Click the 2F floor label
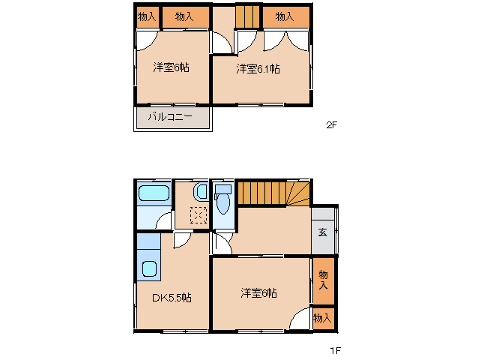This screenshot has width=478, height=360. point(331,125)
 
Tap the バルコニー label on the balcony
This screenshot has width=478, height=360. point(169,117)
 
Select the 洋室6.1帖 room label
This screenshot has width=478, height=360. point(258,69)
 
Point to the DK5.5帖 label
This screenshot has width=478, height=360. point(172,298)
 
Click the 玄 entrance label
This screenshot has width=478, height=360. point(322,232)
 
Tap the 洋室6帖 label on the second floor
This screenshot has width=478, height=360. point(171,67)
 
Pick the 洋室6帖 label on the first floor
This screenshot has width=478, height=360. point(259,292)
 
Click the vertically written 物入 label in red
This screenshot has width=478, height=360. point(323,280)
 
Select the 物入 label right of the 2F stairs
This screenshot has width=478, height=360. point(284,16)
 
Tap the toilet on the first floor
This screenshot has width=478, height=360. point(223,201)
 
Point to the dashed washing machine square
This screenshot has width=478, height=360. point(198,216)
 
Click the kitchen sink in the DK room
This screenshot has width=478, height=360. point(149,269)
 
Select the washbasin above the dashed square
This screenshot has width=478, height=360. point(199,191)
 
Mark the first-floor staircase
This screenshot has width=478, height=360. point(273,193)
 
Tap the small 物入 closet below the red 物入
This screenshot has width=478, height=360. point(323,319)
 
